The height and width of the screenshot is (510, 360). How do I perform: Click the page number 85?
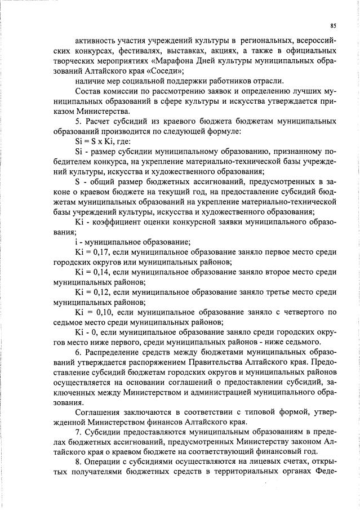(333, 26)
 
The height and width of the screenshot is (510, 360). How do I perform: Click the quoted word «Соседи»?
(167, 72)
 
